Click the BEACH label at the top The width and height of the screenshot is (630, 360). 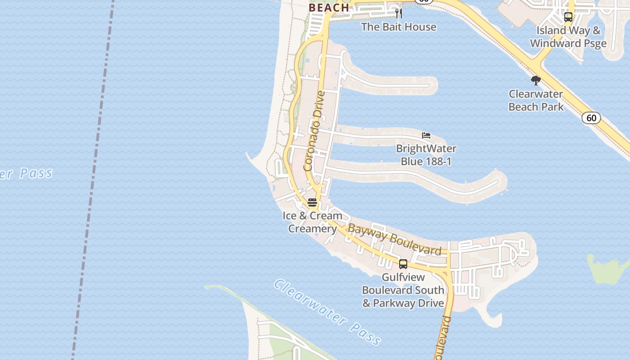(329, 7)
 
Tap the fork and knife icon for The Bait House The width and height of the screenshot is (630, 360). (398, 13)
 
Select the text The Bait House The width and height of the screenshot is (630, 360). (399, 27)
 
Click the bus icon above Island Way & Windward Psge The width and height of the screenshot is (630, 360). (568, 17)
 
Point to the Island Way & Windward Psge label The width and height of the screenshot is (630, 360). (568, 37)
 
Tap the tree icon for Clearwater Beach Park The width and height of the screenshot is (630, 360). (535, 81)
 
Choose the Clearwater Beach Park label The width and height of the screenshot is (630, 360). (536, 100)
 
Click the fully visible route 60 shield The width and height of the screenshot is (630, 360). (591, 118)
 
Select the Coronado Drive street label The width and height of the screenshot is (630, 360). (314, 131)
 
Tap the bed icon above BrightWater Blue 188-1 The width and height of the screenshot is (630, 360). (426, 135)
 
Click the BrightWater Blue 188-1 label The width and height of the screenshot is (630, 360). (426, 155)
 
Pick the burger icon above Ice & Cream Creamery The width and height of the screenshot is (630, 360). (312, 202)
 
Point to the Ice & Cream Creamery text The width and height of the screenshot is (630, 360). (312, 222)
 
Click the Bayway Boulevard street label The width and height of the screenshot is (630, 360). (395, 239)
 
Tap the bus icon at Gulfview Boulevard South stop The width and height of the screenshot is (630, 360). (403, 264)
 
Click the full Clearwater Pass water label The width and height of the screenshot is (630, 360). (327, 311)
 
